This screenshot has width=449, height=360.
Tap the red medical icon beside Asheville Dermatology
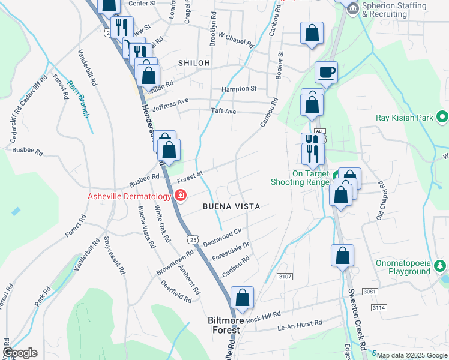coord(180,196)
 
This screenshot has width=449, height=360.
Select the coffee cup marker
coord(327,73)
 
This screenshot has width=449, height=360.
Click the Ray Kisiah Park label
coord(405,118)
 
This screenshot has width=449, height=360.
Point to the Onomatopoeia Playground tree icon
coord(441,265)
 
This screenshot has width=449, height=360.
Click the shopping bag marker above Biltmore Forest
coord(242,298)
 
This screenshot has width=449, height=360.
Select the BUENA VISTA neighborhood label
coord(231,206)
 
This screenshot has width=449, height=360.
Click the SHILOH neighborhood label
coord(194,63)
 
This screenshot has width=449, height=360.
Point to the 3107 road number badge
coord(285,277)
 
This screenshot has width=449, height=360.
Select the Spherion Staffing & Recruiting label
coord(394,10)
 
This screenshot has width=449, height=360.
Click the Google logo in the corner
coord(20,353)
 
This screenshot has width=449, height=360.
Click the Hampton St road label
coord(239,89)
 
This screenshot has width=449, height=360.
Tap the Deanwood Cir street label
coord(222,238)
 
